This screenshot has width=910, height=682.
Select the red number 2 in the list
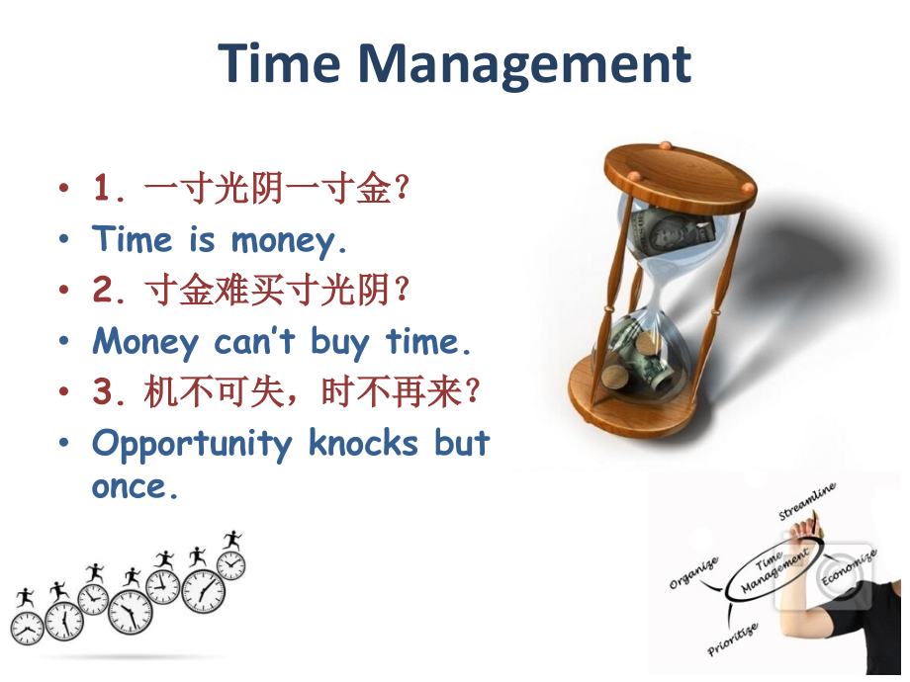(104, 291)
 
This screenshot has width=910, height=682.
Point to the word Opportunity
(193, 444)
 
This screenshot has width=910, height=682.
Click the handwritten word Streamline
(808, 501)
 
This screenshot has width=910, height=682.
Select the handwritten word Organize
(693, 572)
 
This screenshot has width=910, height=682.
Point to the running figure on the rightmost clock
(232, 541)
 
